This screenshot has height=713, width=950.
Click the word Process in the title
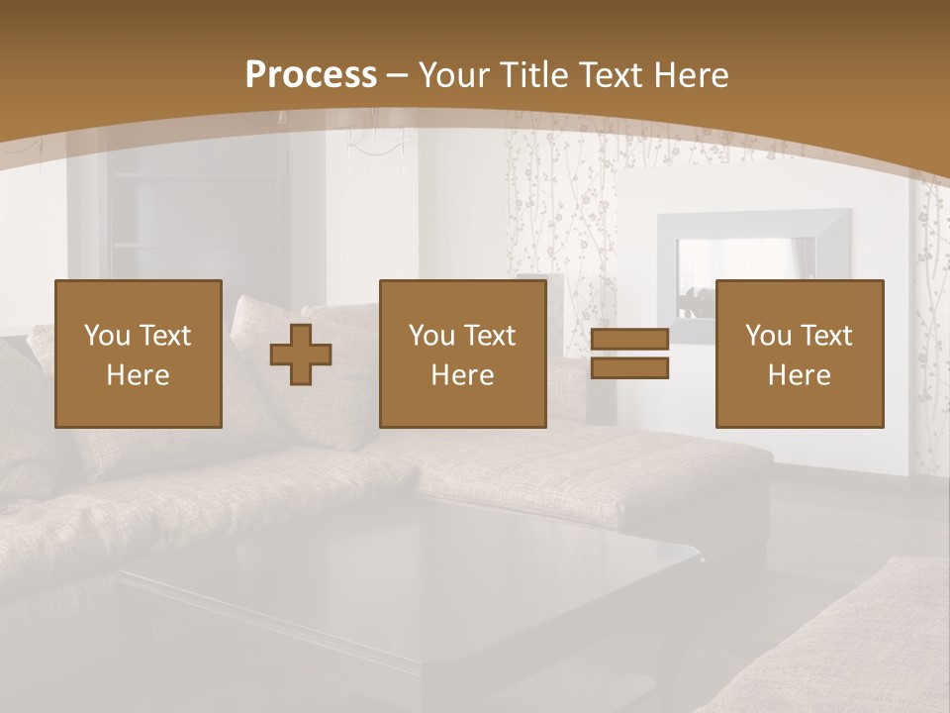click(x=311, y=75)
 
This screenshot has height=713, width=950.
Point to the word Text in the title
click(x=613, y=75)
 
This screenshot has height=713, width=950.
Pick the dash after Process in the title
click(x=398, y=76)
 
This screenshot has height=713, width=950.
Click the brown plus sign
click(x=301, y=355)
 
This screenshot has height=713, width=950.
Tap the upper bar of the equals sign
click(x=630, y=341)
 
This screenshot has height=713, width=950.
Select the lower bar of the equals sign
click(x=630, y=367)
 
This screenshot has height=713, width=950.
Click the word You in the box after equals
click(x=768, y=336)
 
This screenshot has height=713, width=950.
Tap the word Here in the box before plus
click(x=139, y=375)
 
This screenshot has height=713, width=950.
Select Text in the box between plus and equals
click(x=489, y=336)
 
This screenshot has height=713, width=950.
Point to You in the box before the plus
click(x=107, y=336)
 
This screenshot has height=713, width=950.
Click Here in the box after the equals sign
click(x=800, y=375)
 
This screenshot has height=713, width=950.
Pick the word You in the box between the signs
click(x=431, y=336)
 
